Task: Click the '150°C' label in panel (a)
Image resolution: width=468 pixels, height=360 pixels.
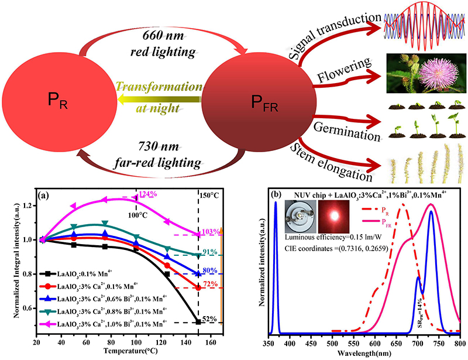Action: pos(209,196)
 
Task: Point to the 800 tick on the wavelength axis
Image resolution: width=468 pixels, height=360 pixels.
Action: pos(460,343)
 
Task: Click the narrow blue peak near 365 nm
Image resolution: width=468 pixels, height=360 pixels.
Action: pos(275,263)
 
